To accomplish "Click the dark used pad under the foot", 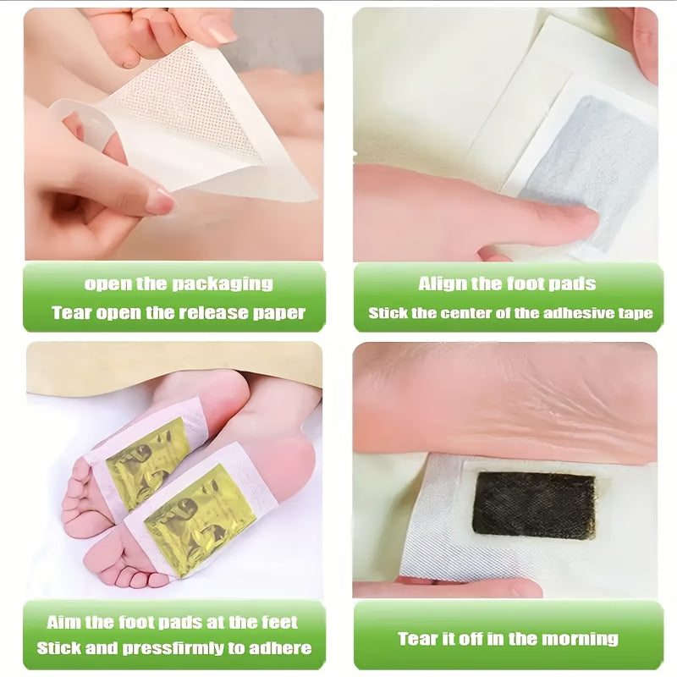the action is pyautogui.click(x=534, y=505).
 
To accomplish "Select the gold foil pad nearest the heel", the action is pyautogui.click(x=198, y=520).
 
